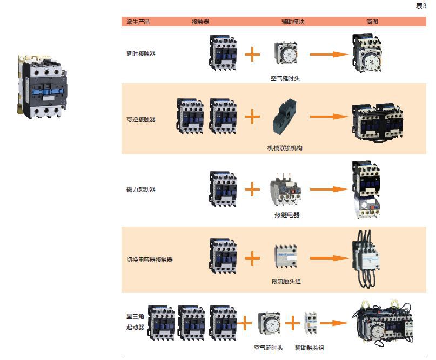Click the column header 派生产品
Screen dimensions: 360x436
point(138,22)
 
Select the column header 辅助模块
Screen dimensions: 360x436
point(293,22)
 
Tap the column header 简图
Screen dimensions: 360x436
point(372,22)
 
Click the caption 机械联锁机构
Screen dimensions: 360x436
point(285,148)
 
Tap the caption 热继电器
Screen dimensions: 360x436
point(287,215)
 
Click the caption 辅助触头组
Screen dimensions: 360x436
point(310,348)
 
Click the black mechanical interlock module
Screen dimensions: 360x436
point(285,117)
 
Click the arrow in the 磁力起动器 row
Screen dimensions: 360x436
point(329,189)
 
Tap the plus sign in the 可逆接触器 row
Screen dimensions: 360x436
point(252,117)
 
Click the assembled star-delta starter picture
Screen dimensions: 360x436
point(383,323)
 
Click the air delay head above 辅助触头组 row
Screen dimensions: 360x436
point(269,323)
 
